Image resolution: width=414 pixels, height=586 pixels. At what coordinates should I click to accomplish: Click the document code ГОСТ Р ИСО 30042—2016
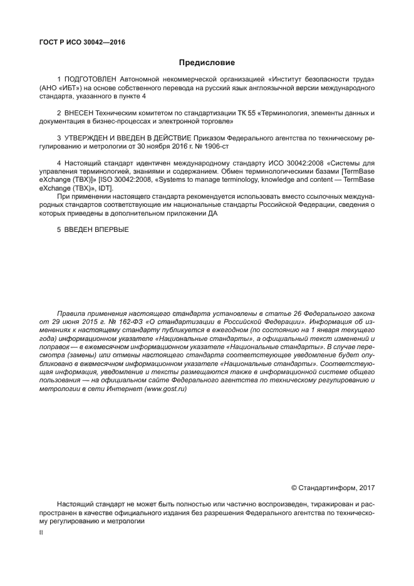(82, 43)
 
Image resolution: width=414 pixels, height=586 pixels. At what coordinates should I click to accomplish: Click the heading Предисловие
(207, 63)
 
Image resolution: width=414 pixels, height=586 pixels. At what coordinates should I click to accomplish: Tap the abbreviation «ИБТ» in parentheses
(70, 88)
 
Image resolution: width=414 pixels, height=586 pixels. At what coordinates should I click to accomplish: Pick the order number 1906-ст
(215, 145)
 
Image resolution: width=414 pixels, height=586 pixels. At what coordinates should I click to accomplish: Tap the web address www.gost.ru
(165, 389)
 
